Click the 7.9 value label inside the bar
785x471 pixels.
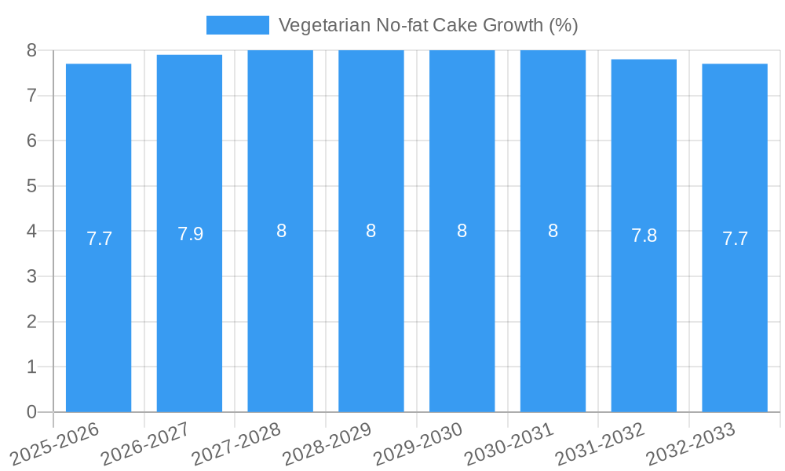(190, 234)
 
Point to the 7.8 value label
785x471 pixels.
(644, 235)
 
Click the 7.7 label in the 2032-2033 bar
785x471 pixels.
(735, 239)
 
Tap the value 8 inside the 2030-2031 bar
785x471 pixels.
(553, 231)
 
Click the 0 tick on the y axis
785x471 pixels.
(31, 412)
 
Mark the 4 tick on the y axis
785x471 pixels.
(31, 232)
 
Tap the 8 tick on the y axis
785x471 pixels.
(31, 50)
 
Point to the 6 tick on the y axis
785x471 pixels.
(31, 141)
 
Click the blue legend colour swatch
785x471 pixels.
(237, 25)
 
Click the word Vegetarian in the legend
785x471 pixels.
(316, 25)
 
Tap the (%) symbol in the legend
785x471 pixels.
(564, 25)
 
